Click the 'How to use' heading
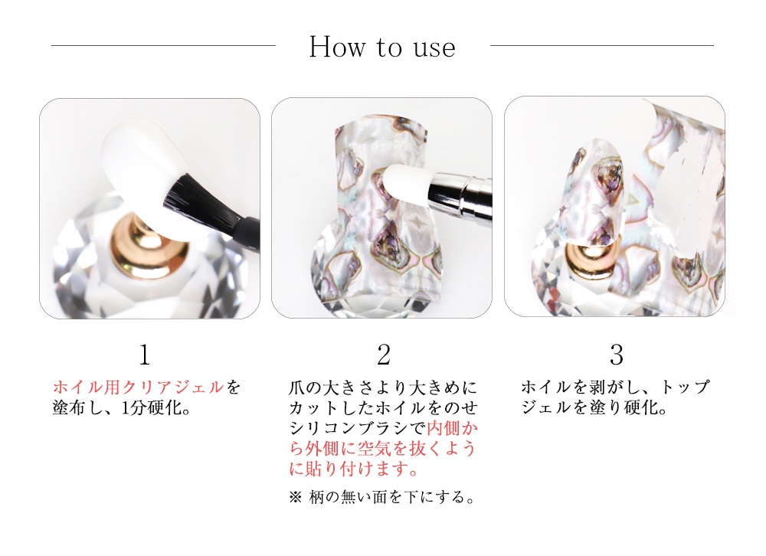(382, 47)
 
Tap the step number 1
(145, 355)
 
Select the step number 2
(384, 355)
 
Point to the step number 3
(617, 355)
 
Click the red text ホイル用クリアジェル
(138, 387)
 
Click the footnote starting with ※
(382, 497)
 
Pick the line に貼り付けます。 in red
(354, 469)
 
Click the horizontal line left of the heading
(163, 45)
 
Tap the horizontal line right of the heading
(602, 45)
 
